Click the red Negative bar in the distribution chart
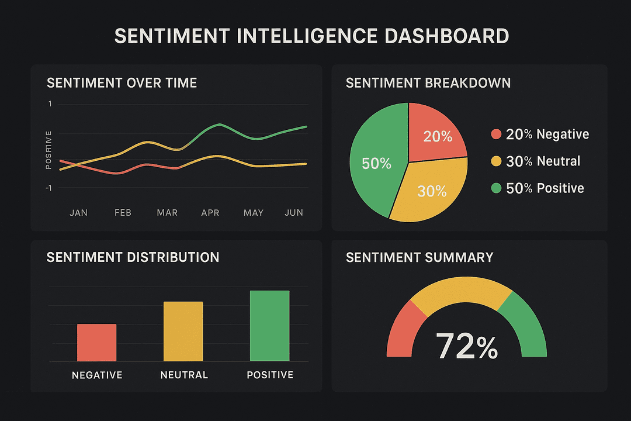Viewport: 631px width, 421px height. pos(96,343)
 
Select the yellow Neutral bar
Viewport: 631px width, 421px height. pos(183,331)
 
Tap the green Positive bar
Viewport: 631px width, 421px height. pos(269,326)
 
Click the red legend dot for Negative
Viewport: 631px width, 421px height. pos(496,134)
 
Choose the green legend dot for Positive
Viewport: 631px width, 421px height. pos(496,188)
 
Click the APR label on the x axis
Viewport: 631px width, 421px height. pos(210,213)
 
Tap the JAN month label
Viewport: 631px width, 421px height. pos(78,213)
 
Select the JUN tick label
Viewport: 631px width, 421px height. pos(294,213)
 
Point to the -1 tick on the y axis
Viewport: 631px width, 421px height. pos(48,188)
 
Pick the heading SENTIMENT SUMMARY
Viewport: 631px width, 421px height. pos(419,257)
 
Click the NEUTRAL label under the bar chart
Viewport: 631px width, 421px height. pos(184,375)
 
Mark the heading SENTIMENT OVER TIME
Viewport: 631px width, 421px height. pos(122,83)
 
